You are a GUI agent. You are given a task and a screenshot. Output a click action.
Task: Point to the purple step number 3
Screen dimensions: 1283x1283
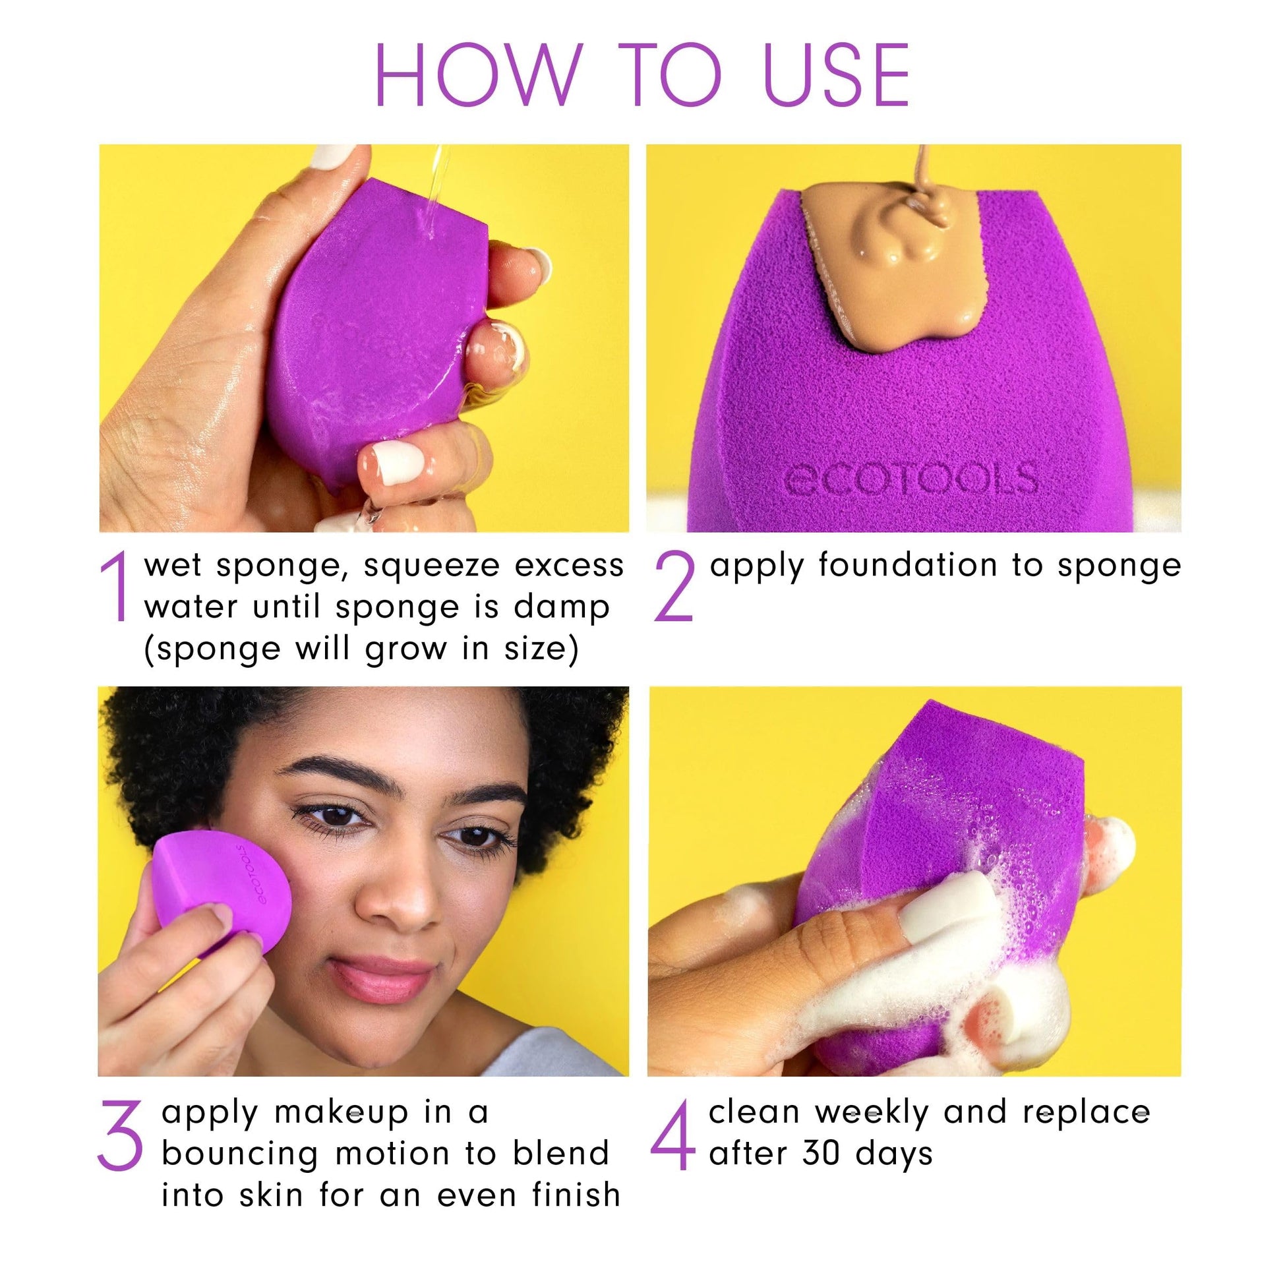click(119, 1134)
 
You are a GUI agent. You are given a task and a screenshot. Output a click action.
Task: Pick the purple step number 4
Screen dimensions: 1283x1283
click(672, 1134)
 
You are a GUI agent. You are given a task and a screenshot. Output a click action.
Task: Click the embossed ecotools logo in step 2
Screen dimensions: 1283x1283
click(910, 477)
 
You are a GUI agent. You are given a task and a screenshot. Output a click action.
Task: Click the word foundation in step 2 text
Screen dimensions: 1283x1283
click(907, 566)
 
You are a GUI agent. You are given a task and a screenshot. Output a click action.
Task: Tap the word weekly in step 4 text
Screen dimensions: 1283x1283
click(872, 1113)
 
